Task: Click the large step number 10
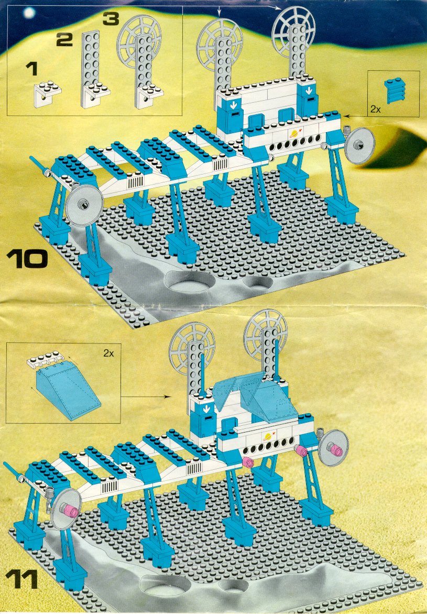point(27,259)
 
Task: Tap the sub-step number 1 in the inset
point(31,69)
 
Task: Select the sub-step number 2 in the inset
point(64,39)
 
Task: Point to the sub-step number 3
point(111,19)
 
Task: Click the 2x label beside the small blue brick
point(375,110)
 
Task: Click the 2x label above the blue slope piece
point(108,353)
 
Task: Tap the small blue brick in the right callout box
point(394,90)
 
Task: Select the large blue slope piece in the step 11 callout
point(67,393)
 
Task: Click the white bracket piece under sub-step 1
point(48,93)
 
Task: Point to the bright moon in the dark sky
point(29,13)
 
